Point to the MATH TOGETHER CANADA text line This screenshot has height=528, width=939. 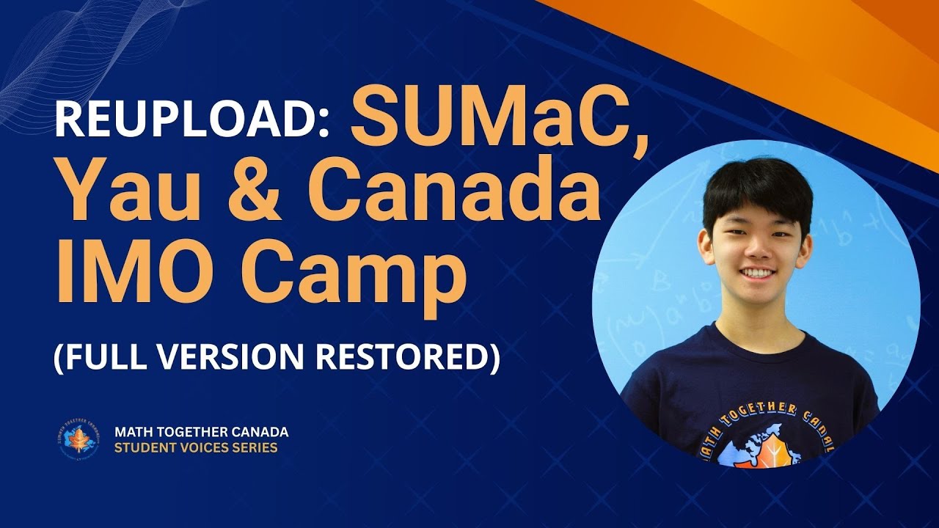coord(201,431)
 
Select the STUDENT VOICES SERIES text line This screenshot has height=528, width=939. coord(196,447)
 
